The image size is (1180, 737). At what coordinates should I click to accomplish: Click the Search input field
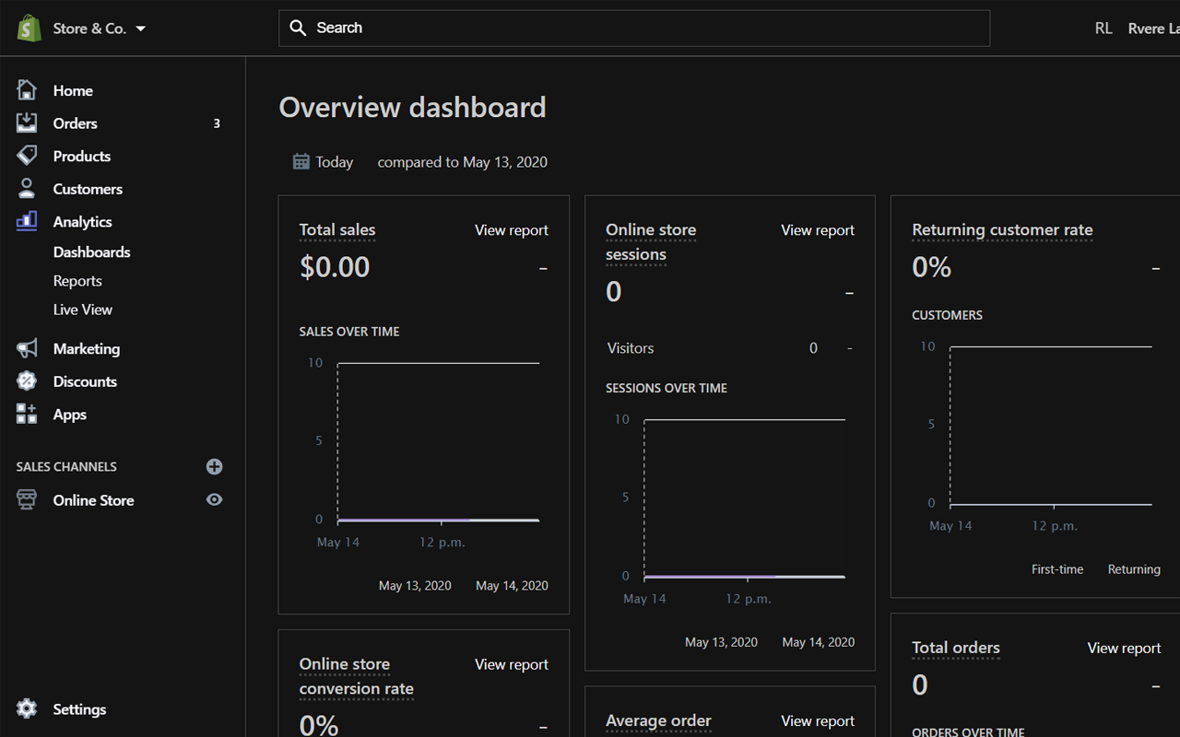click(x=634, y=28)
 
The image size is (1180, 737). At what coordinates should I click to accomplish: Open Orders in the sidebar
click(x=75, y=123)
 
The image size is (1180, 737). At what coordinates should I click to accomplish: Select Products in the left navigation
click(x=81, y=157)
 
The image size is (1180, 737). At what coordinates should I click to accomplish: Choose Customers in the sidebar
click(x=88, y=189)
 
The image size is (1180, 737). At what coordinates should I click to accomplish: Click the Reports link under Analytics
click(x=77, y=281)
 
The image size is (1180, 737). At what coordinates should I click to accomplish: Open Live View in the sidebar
click(x=83, y=310)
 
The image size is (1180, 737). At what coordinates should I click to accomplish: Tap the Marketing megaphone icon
click(x=27, y=348)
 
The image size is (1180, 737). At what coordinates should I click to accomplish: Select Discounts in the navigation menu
click(x=85, y=381)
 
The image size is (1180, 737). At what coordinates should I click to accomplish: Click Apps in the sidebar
click(x=69, y=415)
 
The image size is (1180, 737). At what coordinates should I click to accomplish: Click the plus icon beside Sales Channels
click(x=214, y=466)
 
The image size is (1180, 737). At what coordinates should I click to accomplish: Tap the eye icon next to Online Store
click(x=214, y=499)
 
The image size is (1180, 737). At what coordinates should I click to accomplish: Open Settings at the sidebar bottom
click(x=79, y=709)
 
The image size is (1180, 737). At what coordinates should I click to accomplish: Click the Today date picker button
click(x=324, y=162)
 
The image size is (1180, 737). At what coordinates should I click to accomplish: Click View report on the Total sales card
click(x=511, y=230)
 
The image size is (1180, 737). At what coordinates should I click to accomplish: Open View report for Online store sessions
click(x=817, y=230)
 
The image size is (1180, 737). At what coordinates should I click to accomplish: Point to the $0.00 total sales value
click(x=335, y=267)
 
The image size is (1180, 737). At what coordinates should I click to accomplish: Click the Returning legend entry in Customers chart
click(x=1133, y=569)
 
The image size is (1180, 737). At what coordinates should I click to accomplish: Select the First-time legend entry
click(x=1056, y=569)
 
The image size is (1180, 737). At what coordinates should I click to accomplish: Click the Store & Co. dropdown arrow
click(x=141, y=29)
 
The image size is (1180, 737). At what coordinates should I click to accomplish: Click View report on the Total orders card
click(x=1124, y=649)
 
